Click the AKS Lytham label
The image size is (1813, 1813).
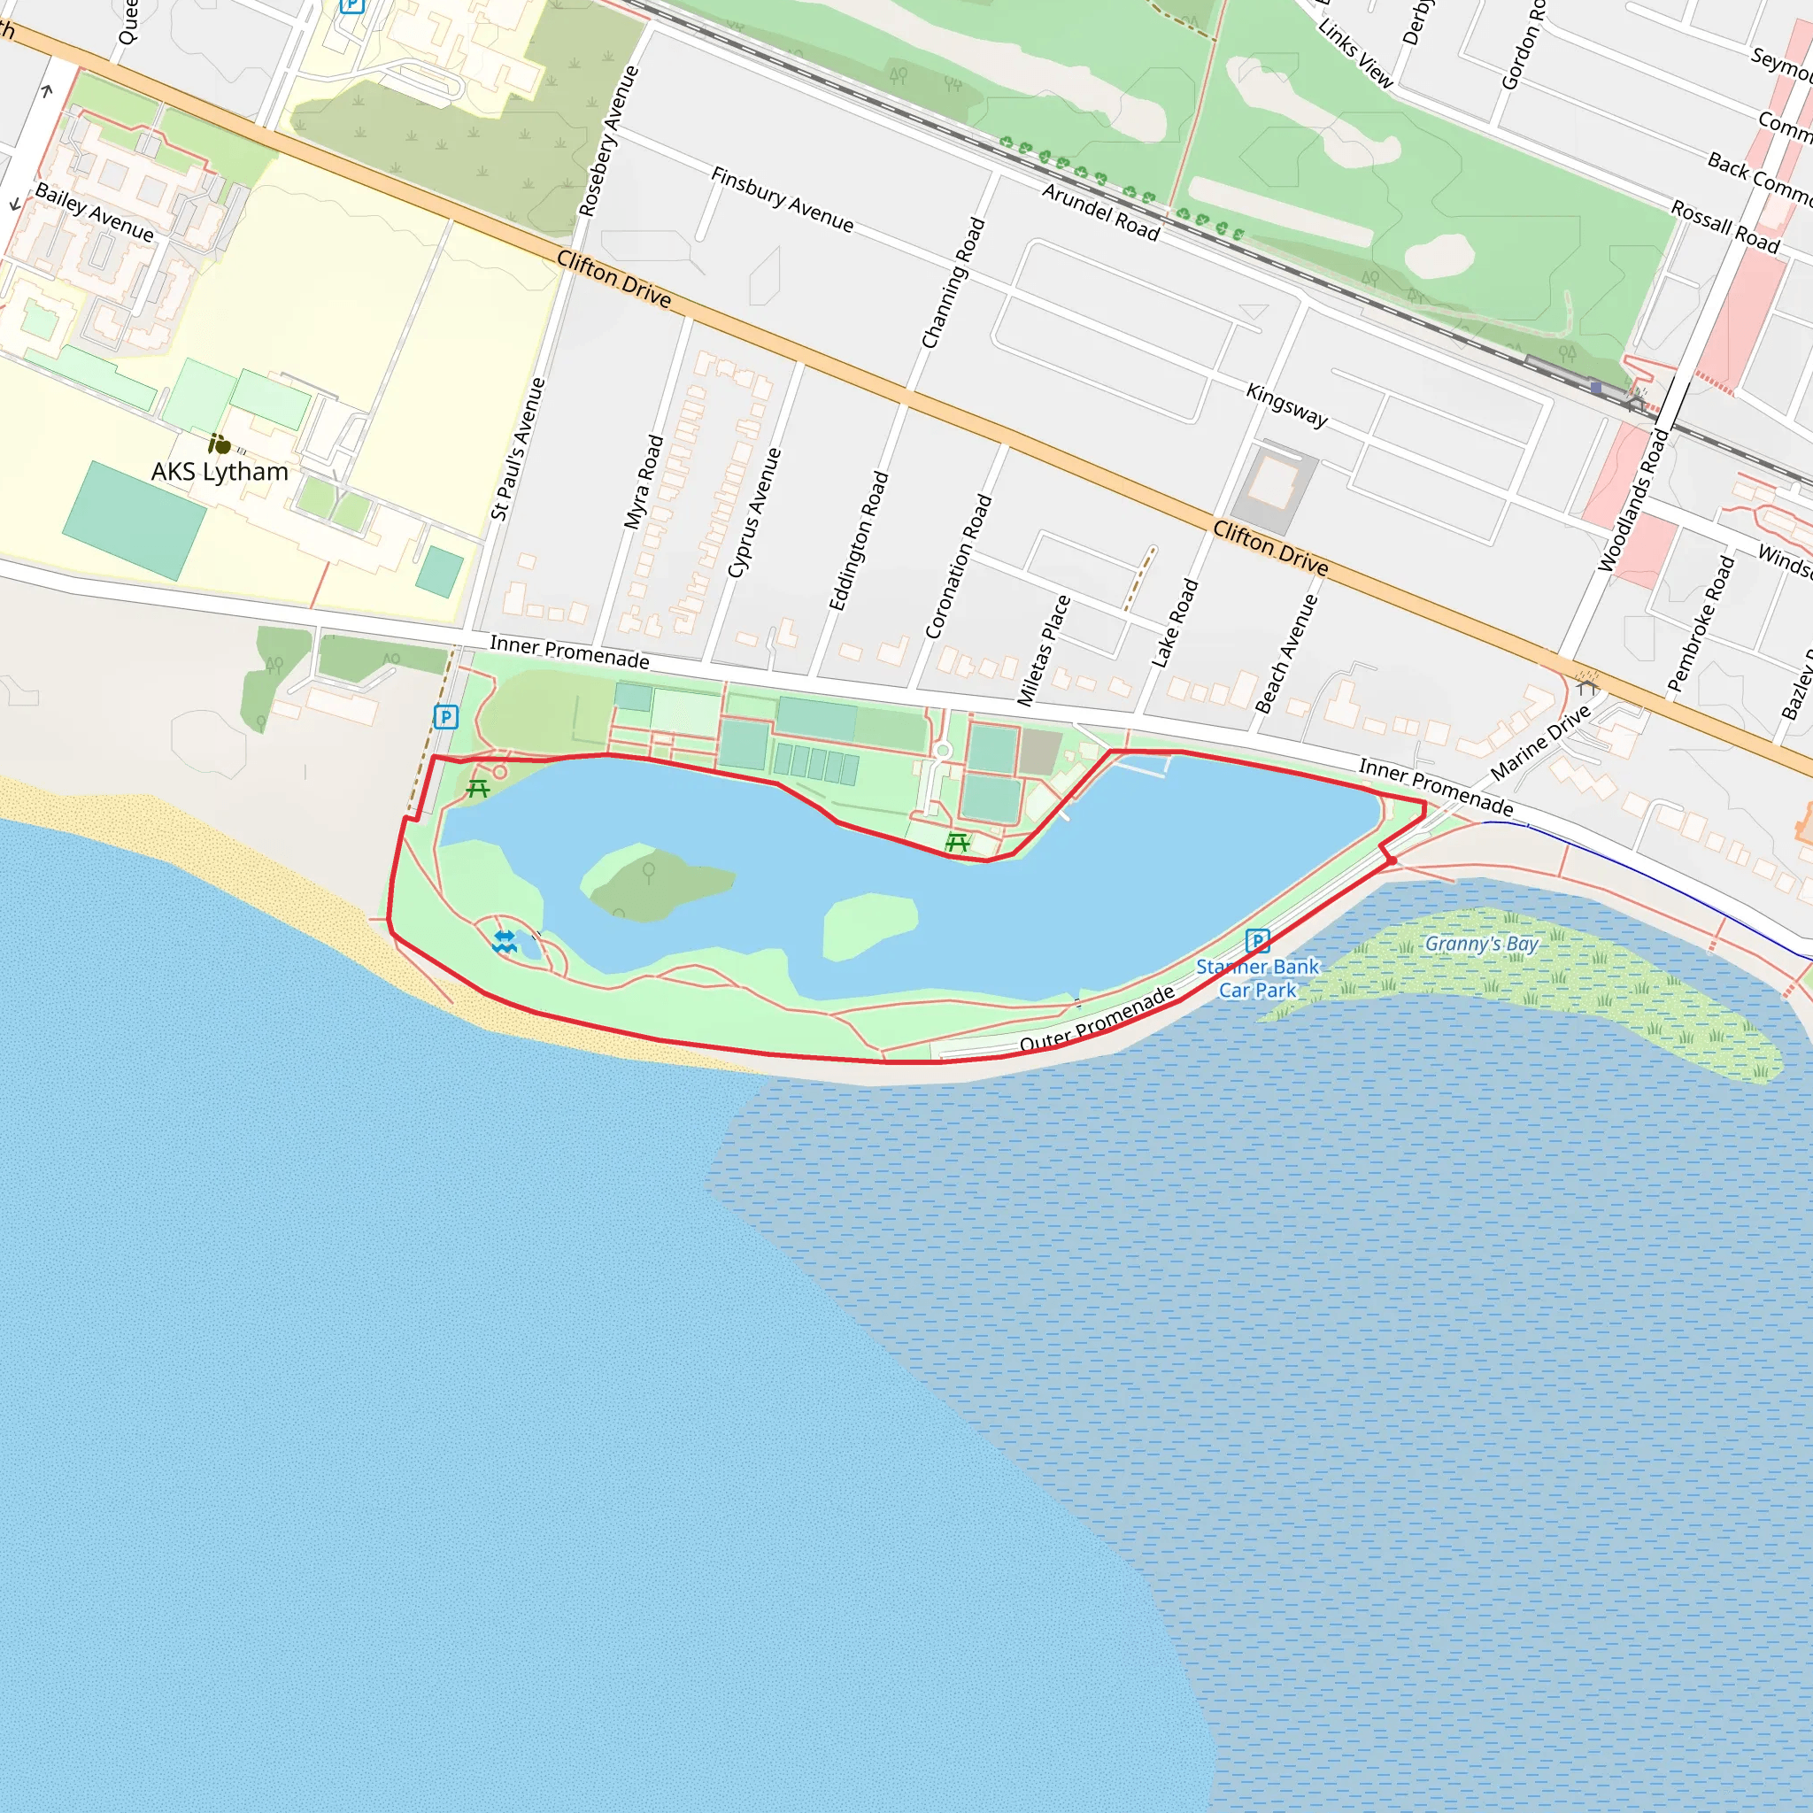click(220, 471)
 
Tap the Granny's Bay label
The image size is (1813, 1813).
click(1482, 943)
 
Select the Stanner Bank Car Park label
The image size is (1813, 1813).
click(1257, 978)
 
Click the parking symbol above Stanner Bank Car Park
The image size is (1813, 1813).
click(1257, 940)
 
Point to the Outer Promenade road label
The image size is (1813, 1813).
click(1097, 1019)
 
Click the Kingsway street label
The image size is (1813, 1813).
click(1286, 405)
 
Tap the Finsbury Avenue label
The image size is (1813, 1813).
click(782, 199)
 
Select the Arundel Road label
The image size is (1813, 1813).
click(1100, 212)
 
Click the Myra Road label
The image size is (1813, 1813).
click(644, 482)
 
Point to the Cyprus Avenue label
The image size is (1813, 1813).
click(754, 513)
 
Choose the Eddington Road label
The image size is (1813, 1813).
click(859, 541)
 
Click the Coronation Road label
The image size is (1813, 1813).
click(958, 566)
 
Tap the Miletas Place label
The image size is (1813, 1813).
click(1044, 651)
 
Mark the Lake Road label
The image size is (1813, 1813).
click(1175, 623)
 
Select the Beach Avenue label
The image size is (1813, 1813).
click(1286, 653)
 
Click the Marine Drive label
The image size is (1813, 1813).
click(1540, 742)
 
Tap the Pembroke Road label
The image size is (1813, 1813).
click(1701, 623)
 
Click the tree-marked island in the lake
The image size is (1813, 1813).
click(657, 882)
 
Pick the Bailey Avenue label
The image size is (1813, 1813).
click(94, 212)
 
